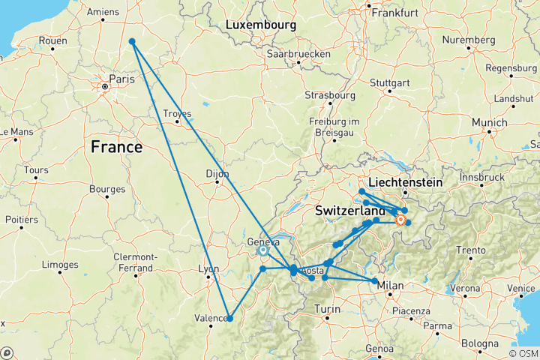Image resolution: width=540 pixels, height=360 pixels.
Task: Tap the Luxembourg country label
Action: tap(260, 25)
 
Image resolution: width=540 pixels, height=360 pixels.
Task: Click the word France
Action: tap(116, 147)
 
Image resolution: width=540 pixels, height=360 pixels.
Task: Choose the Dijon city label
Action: tap(217, 173)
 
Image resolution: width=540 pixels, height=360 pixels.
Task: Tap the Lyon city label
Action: tap(209, 269)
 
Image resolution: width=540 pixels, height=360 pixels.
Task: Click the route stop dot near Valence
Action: tap(229, 319)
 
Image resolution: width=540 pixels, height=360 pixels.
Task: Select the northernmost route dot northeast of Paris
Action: tap(132, 42)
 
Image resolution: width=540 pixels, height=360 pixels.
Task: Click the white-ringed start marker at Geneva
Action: tap(263, 251)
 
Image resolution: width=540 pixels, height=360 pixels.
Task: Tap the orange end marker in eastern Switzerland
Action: tap(400, 220)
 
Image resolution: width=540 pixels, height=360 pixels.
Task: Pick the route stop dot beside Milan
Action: tap(375, 281)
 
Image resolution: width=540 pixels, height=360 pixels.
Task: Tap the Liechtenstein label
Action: tap(406, 182)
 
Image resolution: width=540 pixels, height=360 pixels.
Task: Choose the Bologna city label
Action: tap(480, 343)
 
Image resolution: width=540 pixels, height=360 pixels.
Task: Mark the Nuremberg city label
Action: tap(467, 40)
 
